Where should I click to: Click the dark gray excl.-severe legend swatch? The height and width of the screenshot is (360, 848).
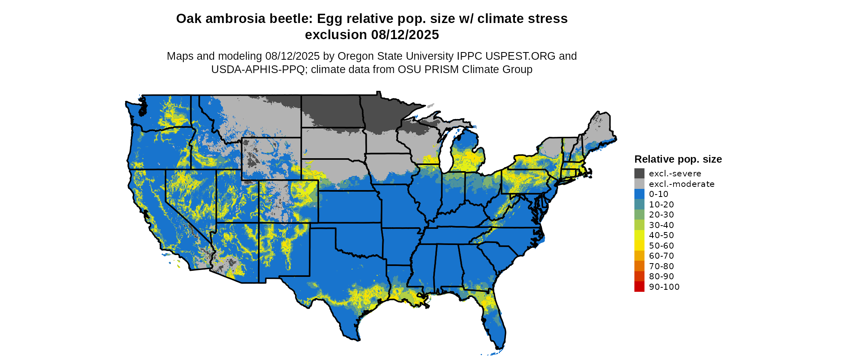tap(639, 174)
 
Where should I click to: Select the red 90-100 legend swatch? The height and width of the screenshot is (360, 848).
tap(639, 287)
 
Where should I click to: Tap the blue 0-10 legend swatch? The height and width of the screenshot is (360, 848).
tap(639, 194)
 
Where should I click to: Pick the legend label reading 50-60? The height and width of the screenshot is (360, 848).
tap(661, 246)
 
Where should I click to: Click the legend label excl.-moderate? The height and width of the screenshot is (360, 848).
tap(681, 184)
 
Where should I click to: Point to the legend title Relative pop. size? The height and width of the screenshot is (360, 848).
tap(678, 159)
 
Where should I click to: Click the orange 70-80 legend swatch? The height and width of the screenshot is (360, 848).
tap(639, 266)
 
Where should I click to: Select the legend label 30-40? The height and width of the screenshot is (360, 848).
tap(661, 225)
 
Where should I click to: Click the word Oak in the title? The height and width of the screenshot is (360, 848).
tap(189, 19)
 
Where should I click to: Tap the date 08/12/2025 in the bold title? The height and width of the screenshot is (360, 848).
tap(405, 35)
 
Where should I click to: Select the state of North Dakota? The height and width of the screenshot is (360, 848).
tap(331, 111)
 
